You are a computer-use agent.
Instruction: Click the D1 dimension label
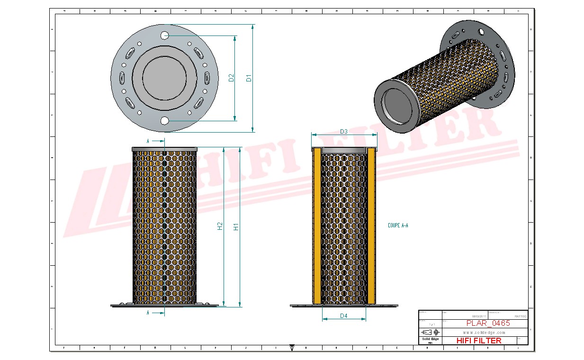[x=249, y=78]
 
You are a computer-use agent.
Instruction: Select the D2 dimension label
[x=231, y=78]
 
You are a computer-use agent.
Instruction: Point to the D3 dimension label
[x=344, y=132]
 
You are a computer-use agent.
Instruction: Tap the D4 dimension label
[x=344, y=315]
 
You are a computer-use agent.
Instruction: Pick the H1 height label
[x=236, y=227]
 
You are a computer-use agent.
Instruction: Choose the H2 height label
[x=220, y=227]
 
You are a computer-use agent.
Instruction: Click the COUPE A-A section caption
[x=398, y=226]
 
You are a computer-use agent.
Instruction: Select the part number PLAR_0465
[x=488, y=324]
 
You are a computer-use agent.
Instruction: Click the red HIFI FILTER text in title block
[x=478, y=341]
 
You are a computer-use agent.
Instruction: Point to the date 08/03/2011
[x=479, y=316]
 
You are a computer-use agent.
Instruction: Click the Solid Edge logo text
[x=430, y=339]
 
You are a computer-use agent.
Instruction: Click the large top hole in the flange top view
[x=164, y=36]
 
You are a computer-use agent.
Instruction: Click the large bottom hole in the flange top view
[x=164, y=121]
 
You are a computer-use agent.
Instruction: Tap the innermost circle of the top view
[x=164, y=78]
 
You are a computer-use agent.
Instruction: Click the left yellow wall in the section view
[x=316, y=227]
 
